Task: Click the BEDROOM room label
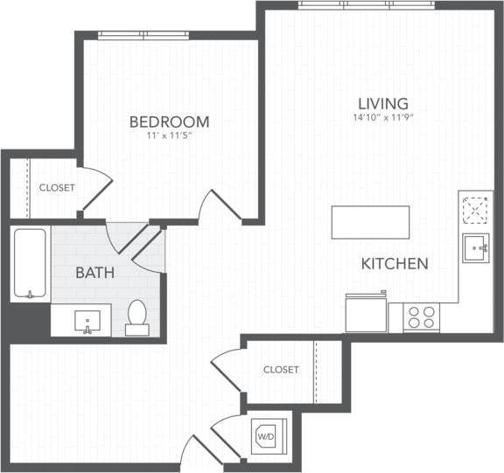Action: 169,122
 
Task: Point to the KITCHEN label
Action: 395,263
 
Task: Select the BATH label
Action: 94,273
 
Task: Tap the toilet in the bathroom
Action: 137,316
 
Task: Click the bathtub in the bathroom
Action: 29,263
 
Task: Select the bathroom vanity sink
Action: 87,320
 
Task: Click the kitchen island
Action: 370,222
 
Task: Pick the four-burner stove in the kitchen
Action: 422,316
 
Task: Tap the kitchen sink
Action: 477,247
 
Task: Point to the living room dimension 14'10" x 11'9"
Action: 382,117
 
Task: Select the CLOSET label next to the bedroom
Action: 56,188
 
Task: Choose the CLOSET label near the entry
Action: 281,370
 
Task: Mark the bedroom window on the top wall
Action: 143,35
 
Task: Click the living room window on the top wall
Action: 367,4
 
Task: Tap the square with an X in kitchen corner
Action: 476,210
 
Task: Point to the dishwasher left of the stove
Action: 366,312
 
